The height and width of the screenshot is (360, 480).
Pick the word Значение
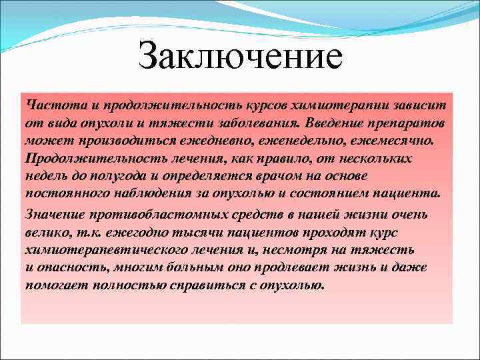[51, 215]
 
